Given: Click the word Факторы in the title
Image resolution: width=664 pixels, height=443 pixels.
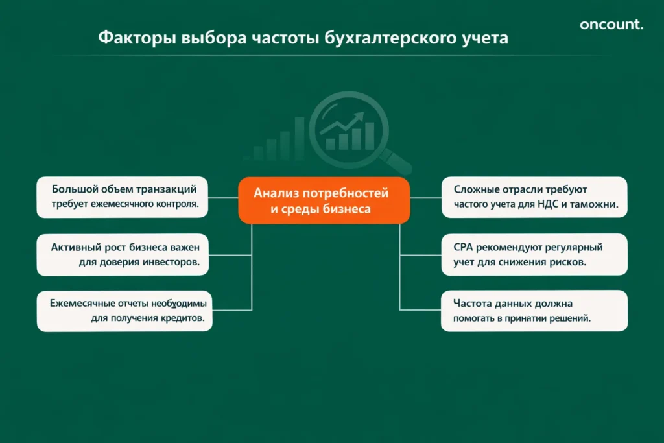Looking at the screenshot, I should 134,38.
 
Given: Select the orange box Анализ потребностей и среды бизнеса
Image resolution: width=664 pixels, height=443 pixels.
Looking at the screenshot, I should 324,200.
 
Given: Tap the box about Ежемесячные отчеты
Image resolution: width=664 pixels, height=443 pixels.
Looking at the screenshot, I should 124,311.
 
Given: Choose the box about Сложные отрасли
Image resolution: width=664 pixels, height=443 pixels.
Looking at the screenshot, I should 534,197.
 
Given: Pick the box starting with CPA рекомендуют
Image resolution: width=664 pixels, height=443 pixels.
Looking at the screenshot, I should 534,254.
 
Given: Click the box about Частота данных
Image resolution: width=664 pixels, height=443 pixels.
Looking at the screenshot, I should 534,311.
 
